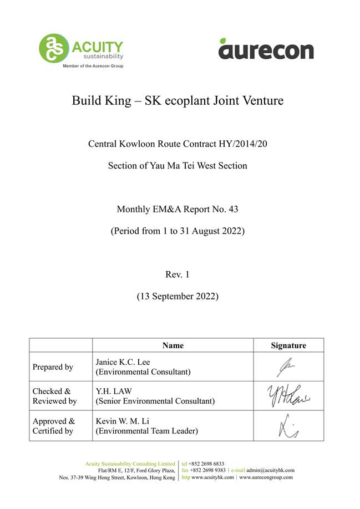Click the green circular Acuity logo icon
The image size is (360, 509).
[x=54, y=48]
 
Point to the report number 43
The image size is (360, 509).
[x=233, y=210]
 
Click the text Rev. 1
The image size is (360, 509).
[x=178, y=274]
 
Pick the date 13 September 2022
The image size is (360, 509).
[x=178, y=296]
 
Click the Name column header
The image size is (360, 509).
[x=173, y=345]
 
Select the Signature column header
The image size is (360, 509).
[x=288, y=345]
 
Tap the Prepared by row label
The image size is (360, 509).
[x=53, y=367]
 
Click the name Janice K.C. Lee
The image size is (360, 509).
[x=123, y=362]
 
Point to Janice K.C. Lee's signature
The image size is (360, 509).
[x=288, y=367]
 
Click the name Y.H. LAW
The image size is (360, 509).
[x=113, y=391]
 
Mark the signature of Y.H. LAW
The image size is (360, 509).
[x=288, y=396]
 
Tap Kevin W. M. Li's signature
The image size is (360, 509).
[x=288, y=426]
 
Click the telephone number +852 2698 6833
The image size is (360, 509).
[x=206, y=464]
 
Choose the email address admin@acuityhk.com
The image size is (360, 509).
[x=271, y=470]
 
